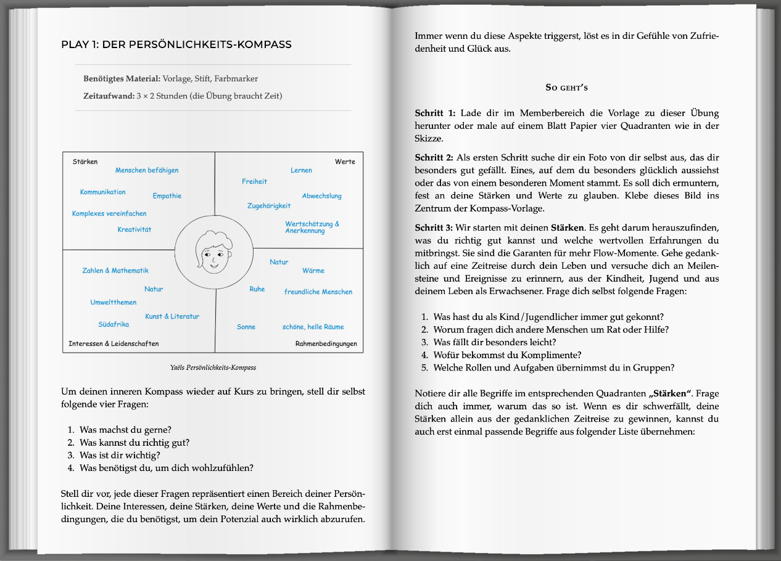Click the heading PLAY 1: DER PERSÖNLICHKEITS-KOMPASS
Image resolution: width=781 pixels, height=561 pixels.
[176, 45]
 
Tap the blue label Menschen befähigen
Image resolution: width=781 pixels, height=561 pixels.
[147, 170]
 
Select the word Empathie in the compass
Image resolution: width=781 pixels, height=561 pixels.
[167, 196]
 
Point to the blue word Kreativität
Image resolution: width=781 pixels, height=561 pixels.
[134, 229]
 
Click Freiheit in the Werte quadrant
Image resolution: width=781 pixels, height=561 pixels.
[254, 181]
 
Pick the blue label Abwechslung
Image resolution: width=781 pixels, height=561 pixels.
[321, 196]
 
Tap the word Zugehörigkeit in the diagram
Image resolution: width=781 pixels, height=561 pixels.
[269, 206]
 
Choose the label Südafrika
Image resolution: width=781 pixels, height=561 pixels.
[114, 324]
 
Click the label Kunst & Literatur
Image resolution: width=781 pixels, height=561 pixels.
[172, 316]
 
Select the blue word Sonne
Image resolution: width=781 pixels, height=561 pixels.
[246, 327]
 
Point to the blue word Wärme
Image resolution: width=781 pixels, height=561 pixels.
[313, 271]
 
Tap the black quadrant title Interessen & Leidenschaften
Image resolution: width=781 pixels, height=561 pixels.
[114, 343]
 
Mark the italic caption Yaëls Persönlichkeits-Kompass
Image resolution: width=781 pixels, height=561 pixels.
[213, 367]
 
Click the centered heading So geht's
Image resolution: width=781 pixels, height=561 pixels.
[567, 88]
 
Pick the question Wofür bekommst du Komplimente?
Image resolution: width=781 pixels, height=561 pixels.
[507, 355]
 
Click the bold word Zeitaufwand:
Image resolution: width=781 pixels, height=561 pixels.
[109, 96]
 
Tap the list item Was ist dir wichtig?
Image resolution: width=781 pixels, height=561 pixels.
[120, 455]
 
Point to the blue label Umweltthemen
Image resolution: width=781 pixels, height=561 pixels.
[114, 302]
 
